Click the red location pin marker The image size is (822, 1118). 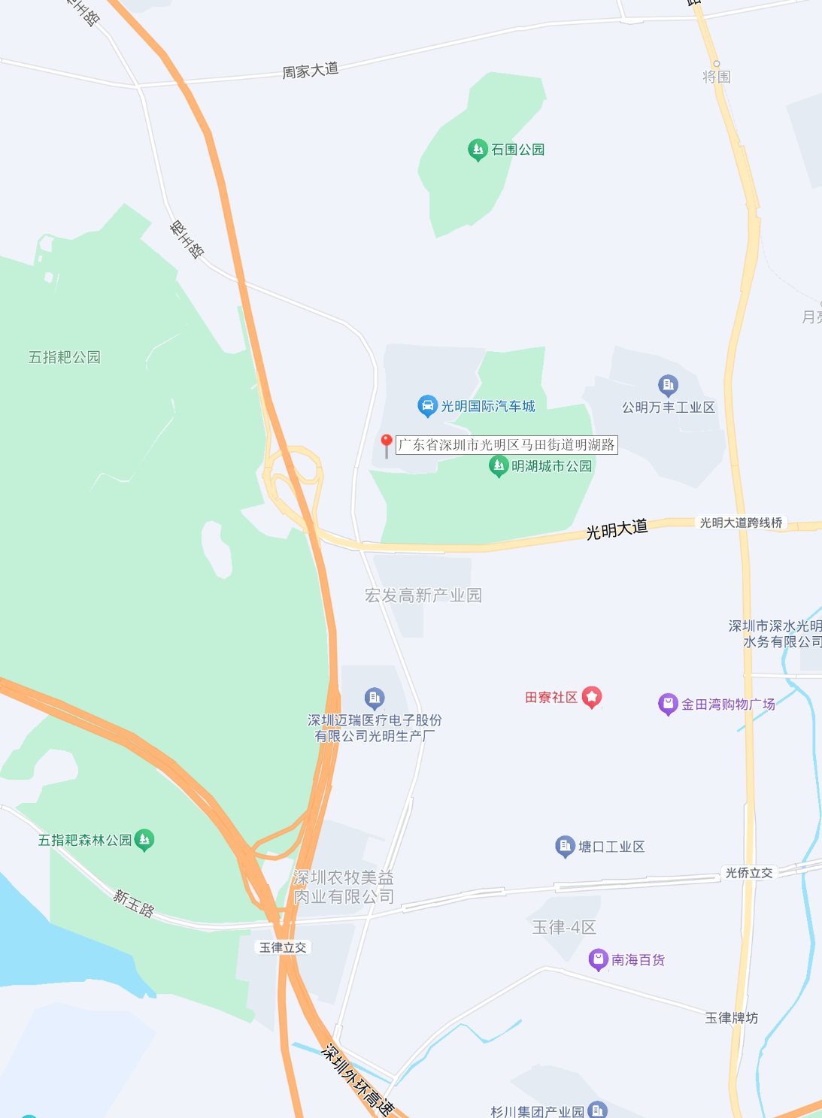tap(387, 443)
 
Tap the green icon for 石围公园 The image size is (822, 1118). tap(478, 150)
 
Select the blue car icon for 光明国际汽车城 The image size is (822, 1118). tap(427, 406)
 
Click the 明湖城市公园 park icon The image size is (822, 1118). tap(499, 466)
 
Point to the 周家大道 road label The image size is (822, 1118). tap(310, 71)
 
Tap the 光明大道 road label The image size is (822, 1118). tap(617, 529)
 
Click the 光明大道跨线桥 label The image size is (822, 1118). tap(741, 523)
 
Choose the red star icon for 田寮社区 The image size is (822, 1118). tap(592, 697)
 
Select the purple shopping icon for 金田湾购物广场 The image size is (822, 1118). tap(668, 704)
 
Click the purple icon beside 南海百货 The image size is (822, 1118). tap(599, 959)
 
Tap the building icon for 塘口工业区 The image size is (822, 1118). tap(565, 847)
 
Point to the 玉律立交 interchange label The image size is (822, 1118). tap(283, 947)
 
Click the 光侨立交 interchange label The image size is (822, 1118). tap(748, 873)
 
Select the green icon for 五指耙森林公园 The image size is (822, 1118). tap(144, 840)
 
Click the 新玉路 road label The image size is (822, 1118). tap(134, 902)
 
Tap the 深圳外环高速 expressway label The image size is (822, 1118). tap(357, 1079)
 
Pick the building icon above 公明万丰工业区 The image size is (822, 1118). tap(668, 386)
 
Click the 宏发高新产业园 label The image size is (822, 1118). tap(423, 595)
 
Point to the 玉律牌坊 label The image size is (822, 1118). tap(731, 1018)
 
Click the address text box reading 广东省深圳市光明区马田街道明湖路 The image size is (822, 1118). tap(507, 444)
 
